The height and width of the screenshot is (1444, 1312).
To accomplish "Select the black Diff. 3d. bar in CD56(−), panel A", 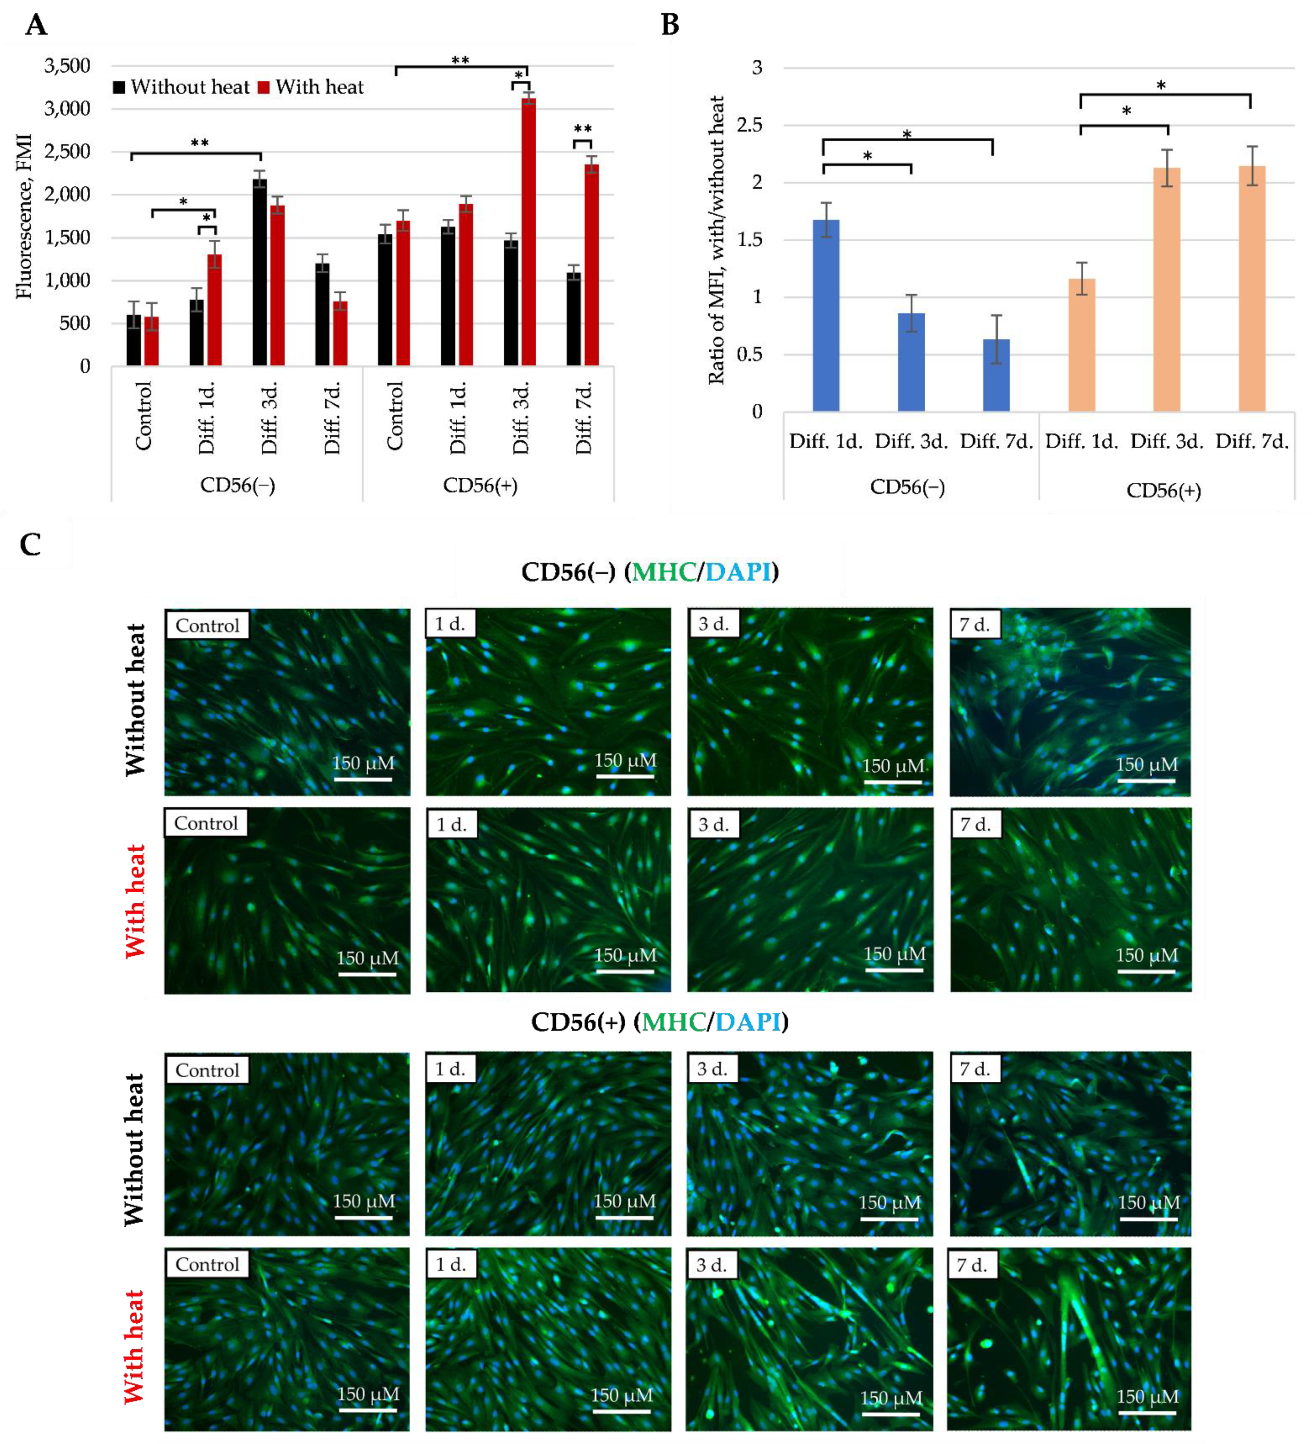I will tap(259, 272).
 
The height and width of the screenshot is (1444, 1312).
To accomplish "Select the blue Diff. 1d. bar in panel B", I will tap(826, 315).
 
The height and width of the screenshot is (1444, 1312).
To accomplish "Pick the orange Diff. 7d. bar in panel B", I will tap(1251, 289).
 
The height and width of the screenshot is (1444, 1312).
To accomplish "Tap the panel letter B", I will tap(669, 25).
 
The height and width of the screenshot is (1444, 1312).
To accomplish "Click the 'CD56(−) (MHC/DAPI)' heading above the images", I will tap(649, 572).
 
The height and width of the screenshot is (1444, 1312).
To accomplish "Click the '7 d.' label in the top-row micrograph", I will tap(974, 625).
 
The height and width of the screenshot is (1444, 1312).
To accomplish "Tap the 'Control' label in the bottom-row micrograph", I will tap(207, 1264).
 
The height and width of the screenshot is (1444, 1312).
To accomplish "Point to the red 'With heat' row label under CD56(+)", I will tap(134, 1347).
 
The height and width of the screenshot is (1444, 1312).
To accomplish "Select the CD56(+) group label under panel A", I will tap(480, 485).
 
